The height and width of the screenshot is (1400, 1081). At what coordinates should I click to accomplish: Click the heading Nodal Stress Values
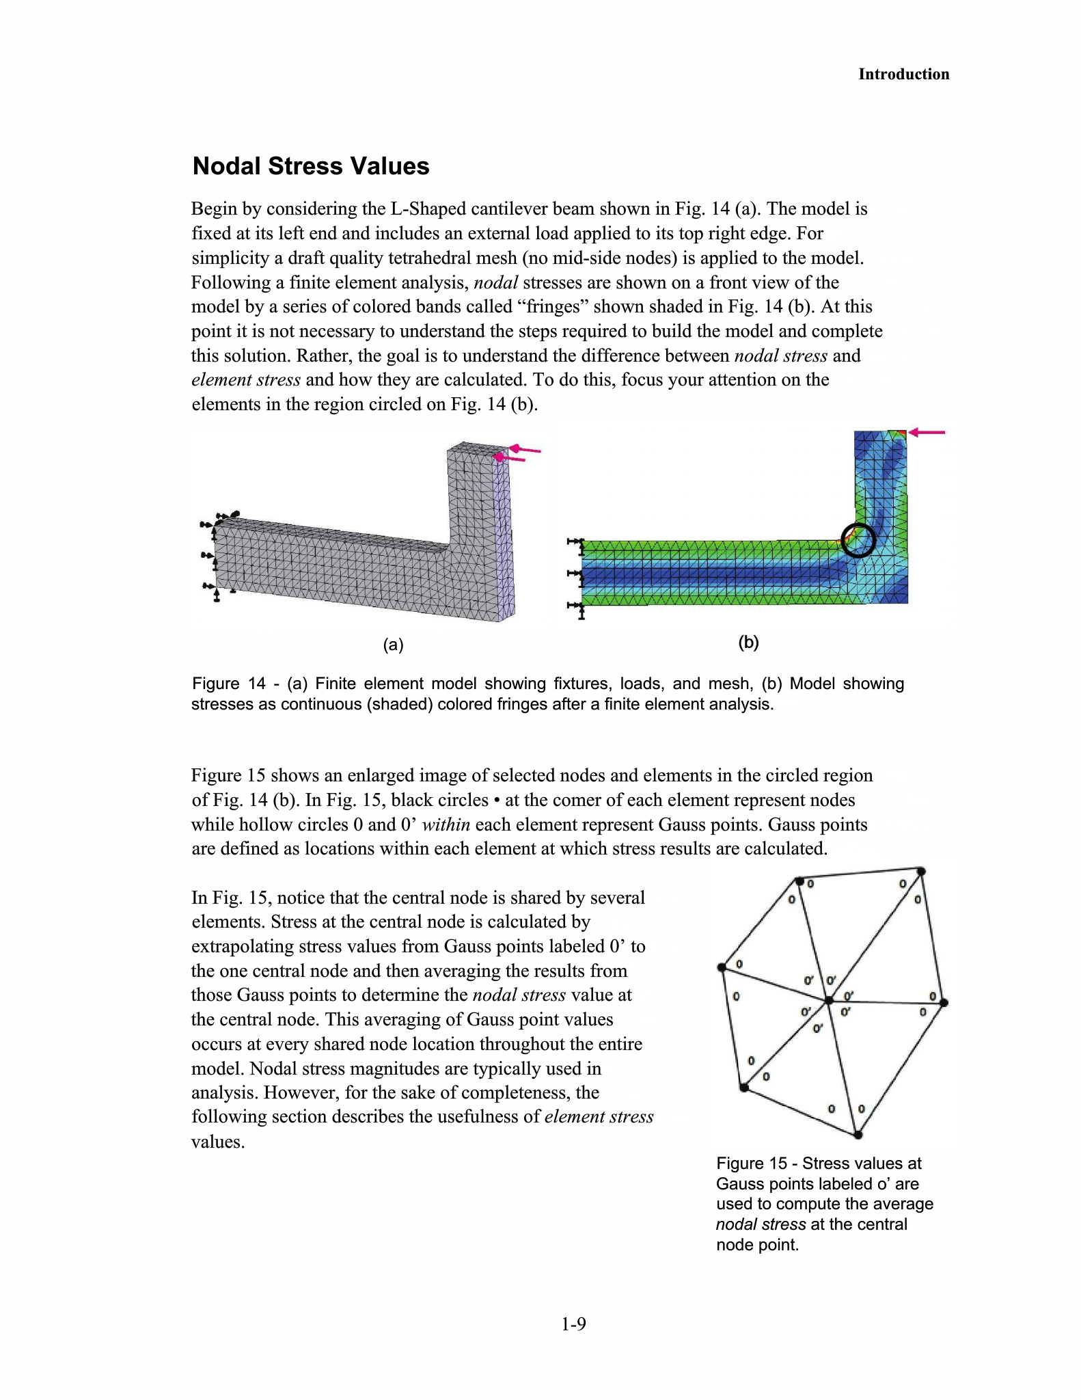point(311,166)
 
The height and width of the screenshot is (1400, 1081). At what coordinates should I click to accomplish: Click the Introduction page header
point(903,75)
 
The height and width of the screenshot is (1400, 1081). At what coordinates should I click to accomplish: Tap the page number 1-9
point(573,1324)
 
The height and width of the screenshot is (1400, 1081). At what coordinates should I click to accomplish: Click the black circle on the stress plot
point(858,540)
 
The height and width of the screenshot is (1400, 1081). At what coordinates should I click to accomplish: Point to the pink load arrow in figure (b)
point(928,432)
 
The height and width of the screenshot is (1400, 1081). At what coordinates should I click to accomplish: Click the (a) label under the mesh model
point(393,644)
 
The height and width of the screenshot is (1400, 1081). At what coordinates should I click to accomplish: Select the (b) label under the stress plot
point(749,642)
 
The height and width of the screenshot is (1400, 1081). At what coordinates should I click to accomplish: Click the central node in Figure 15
point(829,1000)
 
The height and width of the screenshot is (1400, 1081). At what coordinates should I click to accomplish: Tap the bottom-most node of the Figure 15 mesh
point(858,1135)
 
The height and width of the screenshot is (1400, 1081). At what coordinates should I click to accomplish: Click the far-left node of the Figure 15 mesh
point(722,967)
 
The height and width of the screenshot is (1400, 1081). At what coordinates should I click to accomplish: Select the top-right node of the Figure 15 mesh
point(921,872)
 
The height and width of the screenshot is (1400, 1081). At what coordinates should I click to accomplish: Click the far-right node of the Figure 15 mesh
point(944,1003)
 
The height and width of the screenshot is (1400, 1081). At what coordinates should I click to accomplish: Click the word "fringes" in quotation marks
point(552,307)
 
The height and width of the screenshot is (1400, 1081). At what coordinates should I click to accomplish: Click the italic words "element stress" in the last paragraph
point(599,1117)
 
